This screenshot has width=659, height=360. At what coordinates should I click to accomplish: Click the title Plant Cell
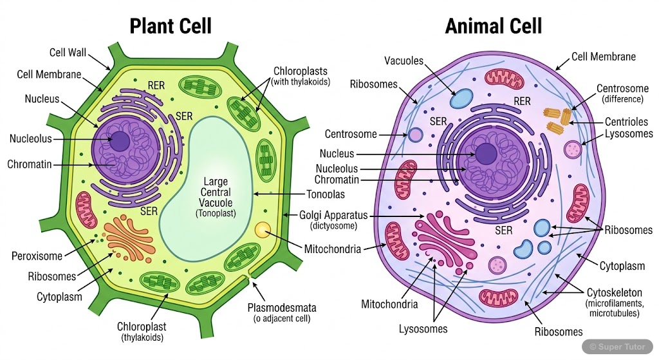pyautogui.click(x=171, y=26)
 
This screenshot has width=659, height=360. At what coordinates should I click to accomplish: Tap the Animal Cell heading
pyautogui.click(x=494, y=26)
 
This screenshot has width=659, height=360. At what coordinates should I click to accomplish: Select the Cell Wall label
pyautogui.click(x=69, y=52)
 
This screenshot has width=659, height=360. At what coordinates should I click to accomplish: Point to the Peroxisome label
pyautogui.click(x=37, y=256)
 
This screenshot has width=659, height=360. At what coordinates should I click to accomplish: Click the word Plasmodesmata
pyautogui.click(x=282, y=307)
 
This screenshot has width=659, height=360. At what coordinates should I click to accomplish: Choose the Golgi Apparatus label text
pyautogui.click(x=333, y=215)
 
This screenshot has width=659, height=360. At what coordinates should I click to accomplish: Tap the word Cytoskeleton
pyautogui.click(x=614, y=292)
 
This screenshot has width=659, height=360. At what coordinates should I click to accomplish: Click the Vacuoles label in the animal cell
pyautogui.click(x=404, y=61)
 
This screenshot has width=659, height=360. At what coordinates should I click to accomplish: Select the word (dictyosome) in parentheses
pyautogui.click(x=333, y=226)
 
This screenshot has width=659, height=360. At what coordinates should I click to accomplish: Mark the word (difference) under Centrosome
pyautogui.click(x=622, y=99)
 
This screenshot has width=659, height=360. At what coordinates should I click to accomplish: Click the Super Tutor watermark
pyautogui.click(x=618, y=346)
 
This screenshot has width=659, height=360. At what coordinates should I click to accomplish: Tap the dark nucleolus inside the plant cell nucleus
pyautogui.click(x=119, y=140)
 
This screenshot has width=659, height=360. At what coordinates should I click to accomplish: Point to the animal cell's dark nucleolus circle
pyautogui.click(x=485, y=154)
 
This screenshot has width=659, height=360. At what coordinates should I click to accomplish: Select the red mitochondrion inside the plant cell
pyautogui.click(x=86, y=210)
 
